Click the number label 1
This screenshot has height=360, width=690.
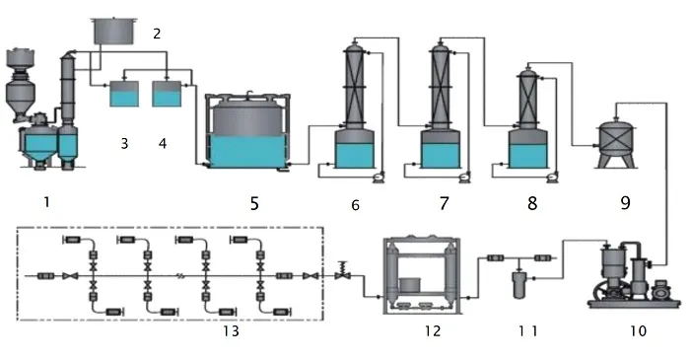click(x=46, y=202)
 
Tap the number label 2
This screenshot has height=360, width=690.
click(x=157, y=34)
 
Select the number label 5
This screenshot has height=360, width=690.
click(x=254, y=203)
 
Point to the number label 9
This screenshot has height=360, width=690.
click(x=625, y=203)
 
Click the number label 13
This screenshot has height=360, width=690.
click(x=231, y=330)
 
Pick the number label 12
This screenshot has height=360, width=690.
click(x=433, y=330)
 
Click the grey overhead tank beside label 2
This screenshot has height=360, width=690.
click(x=114, y=31)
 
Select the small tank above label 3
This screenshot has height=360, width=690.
click(x=124, y=93)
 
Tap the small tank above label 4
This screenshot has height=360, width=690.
click(x=167, y=93)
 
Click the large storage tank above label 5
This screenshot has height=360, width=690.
click(x=247, y=131)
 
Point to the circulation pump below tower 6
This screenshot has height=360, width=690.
click(x=378, y=177)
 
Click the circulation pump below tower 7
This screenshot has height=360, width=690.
click(x=463, y=177)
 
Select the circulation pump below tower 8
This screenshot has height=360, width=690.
click(x=550, y=177)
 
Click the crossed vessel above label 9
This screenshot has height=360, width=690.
click(x=616, y=142)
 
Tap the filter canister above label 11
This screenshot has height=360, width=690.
click(x=519, y=285)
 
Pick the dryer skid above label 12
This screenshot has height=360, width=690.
click(x=422, y=275)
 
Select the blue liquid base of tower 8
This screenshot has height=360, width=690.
click(x=528, y=156)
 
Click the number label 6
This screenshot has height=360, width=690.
click(x=355, y=204)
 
